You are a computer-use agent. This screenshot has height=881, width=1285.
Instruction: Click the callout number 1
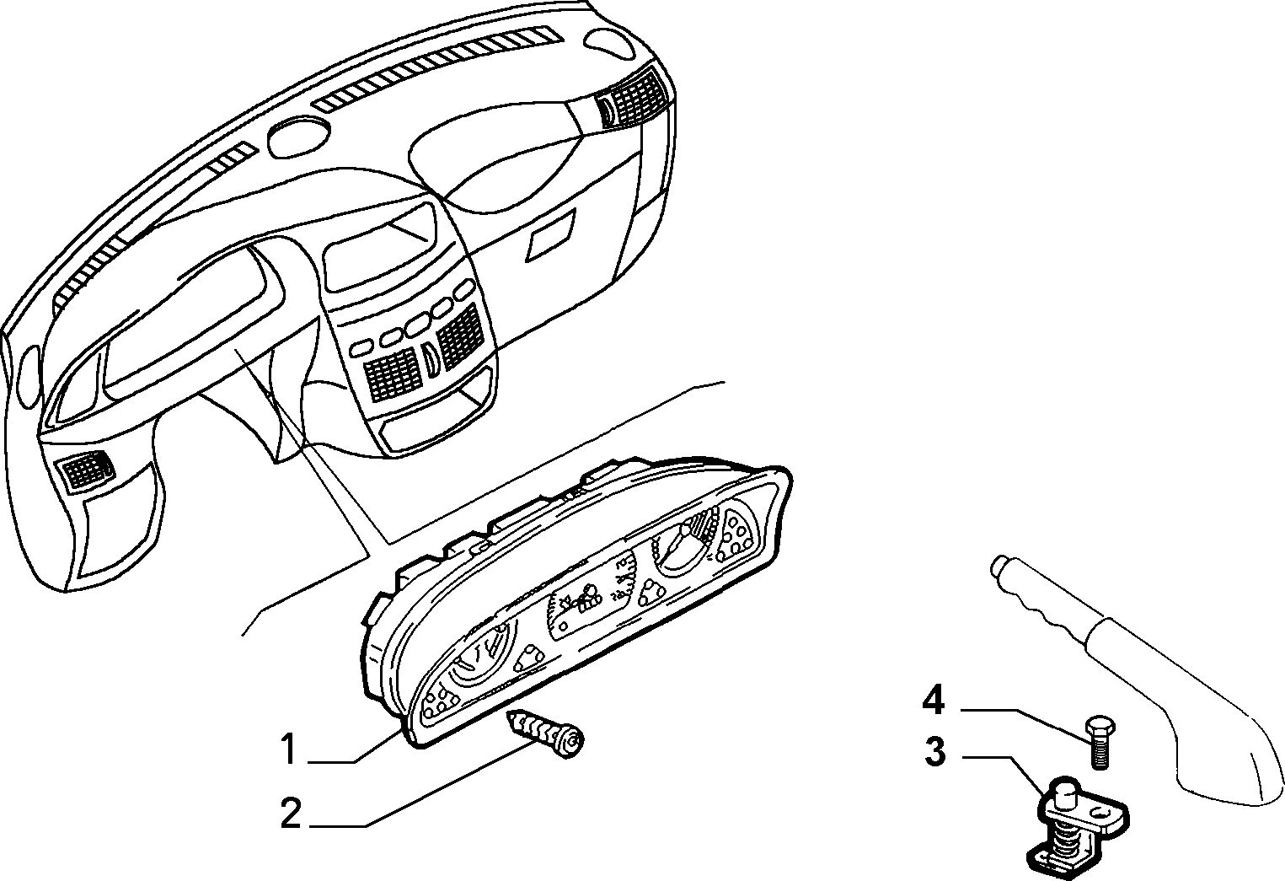(x=288, y=749)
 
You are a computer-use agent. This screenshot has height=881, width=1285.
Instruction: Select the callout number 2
(x=290, y=813)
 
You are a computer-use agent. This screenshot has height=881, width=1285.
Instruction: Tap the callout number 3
(x=935, y=752)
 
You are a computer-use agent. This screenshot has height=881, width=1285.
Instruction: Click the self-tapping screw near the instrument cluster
(x=544, y=733)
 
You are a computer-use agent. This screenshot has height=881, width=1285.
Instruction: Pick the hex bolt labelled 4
(x=1098, y=742)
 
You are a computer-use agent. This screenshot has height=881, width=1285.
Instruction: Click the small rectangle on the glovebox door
(x=551, y=234)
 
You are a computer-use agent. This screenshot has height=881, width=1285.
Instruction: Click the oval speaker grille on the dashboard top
(x=299, y=139)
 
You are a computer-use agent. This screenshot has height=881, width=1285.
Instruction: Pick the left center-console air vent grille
(x=391, y=373)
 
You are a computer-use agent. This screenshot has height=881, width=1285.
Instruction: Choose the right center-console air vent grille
(x=459, y=335)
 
